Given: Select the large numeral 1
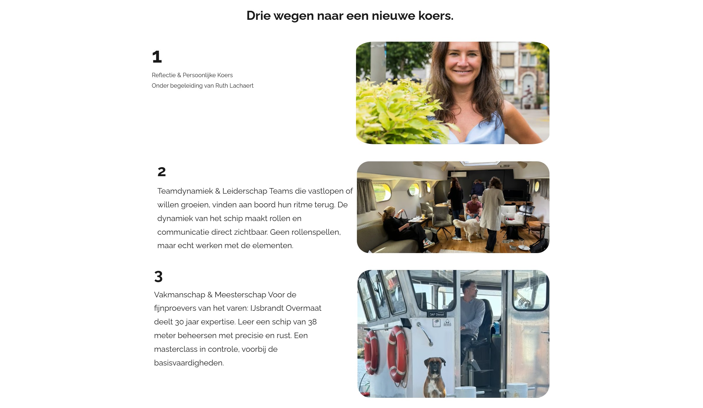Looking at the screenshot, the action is tap(157, 57).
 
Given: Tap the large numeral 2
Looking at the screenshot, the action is tap(162, 172).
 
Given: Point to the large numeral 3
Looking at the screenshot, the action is tap(158, 277).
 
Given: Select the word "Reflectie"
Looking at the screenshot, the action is tap(164, 75).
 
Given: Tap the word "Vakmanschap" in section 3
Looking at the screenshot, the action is tap(179, 295).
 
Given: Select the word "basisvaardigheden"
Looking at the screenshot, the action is tap(188, 363).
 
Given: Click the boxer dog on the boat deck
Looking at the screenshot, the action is tap(435, 377).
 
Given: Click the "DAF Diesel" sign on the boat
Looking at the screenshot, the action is tap(437, 314).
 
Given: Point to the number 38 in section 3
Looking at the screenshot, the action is tap(312, 322).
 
